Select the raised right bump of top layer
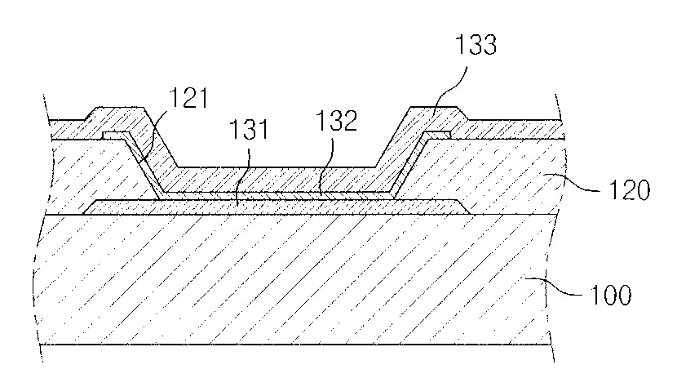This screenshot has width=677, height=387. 432,115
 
